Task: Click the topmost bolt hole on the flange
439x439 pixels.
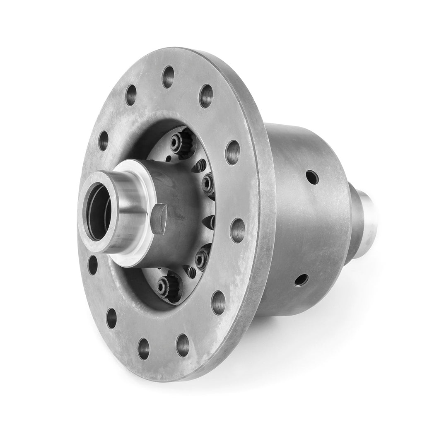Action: click(168, 77)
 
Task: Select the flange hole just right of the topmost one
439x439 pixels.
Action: click(206, 96)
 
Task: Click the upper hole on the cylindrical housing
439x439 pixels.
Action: click(312, 177)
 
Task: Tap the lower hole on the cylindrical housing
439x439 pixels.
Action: click(301, 280)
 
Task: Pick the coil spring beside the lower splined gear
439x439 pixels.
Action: click(191, 271)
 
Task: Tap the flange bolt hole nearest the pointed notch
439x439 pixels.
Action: click(238, 230)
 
